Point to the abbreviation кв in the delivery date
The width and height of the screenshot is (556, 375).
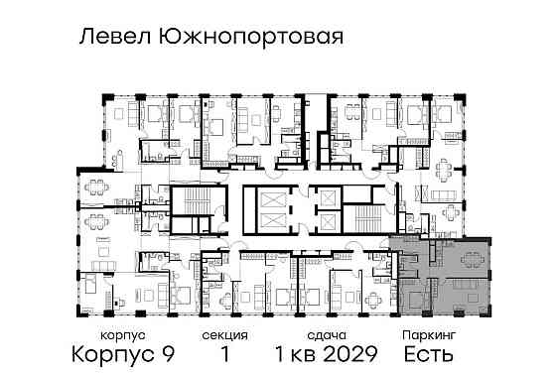[300, 353]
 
